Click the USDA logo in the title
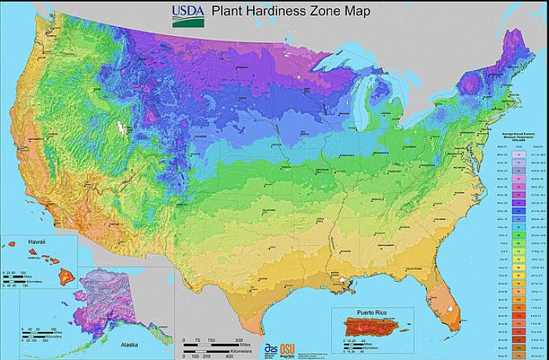click(x=186, y=14)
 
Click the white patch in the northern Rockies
click(x=120, y=126)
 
